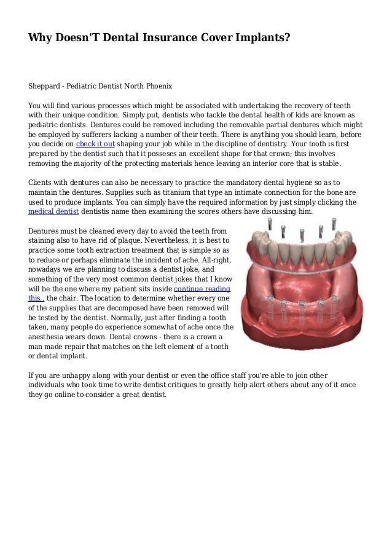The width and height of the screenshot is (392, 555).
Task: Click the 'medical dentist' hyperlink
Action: click(51, 211)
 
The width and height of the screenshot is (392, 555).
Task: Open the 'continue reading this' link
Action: click(202, 288)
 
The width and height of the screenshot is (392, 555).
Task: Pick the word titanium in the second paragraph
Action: click(164, 192)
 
